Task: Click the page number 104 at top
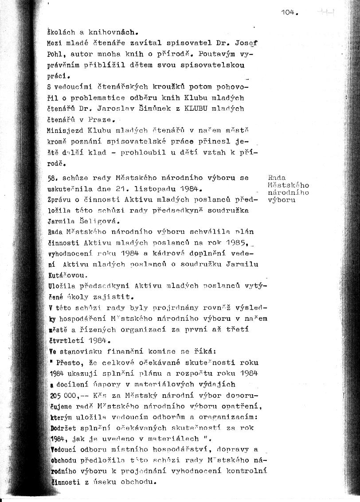point(288,13)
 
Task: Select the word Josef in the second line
point(248,44)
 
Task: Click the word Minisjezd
point(65,131)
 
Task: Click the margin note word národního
point(289,192)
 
